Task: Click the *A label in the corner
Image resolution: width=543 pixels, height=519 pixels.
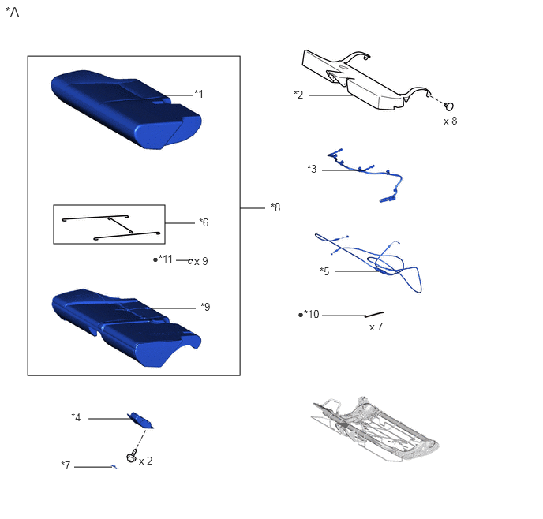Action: (x=13, y=12)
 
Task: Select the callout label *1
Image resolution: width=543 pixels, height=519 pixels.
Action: (x=199, y=94)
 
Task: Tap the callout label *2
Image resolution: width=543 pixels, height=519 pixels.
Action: (x=298, y=95)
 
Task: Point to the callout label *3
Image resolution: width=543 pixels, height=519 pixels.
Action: (x=312, y=169)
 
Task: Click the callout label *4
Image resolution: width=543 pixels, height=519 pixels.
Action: (x=76, y=417)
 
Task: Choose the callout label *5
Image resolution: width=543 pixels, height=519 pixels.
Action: (x=324, y=271)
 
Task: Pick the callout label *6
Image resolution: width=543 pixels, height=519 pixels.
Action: (x=204, y=222)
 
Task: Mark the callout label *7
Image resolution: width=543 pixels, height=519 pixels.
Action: (x=66, y=465)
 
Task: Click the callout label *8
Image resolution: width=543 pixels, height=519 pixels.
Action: (x=275, y=207)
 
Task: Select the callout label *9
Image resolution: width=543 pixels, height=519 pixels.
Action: (x=205, y=307)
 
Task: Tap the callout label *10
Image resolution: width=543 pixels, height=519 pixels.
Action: (x=311, y=314)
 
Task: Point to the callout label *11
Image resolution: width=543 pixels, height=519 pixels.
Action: (x=166, y=259)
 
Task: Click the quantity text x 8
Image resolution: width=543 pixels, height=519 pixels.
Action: (x=451, y=121)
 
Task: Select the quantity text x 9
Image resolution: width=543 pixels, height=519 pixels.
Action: (x=201, y=261)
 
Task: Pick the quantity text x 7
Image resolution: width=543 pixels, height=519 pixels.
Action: (x=376, y=327)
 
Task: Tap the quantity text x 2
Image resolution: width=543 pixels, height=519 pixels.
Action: (x=146, y=461)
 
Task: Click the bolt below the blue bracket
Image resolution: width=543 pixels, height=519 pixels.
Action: (x=132, y=455)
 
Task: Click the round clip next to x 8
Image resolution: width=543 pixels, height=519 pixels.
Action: (x=449, y=106)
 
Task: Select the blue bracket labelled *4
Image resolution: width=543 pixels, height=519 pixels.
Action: (x=140, y=420)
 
